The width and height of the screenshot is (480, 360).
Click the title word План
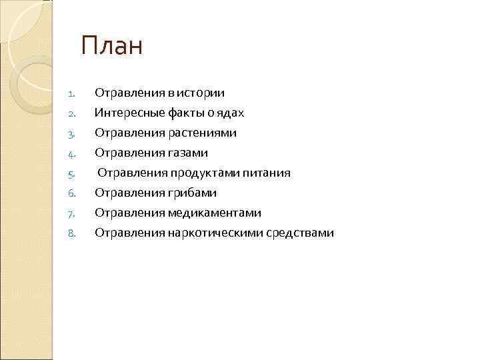112,47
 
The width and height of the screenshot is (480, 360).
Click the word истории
201,93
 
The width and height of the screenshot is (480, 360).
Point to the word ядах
231,113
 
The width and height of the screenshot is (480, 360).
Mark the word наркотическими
216,233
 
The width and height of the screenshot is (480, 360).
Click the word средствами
302,233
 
